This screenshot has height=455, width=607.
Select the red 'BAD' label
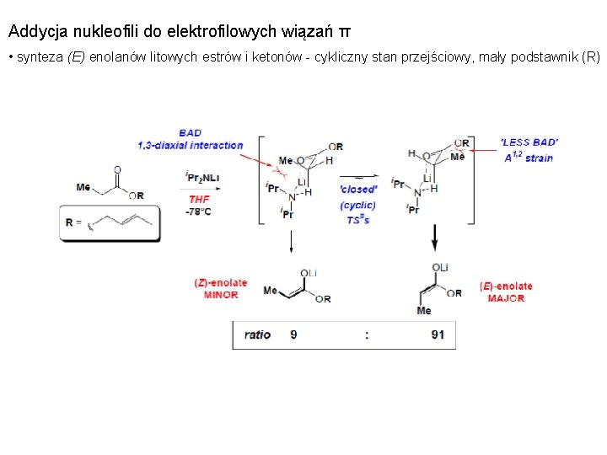tap(191, 133)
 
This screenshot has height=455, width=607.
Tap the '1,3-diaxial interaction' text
tap(191, 145)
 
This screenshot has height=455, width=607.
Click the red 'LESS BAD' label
tap(529, 143)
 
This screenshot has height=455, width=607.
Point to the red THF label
tap(200, 199)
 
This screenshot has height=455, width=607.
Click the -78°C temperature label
tap(198, 211)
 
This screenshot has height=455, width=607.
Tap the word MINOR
tap(220, 295)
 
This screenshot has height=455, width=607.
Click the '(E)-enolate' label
tap(506, 286)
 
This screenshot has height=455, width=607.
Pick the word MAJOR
tap(506, 298)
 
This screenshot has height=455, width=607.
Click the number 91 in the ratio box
tap(438, 335)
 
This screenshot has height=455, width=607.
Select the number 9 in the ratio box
tap(293, 335)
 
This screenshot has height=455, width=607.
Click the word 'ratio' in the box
tap(257, 335)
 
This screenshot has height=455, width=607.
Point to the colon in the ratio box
tap(367, 335)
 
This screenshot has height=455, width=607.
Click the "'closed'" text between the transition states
tap(358, 190)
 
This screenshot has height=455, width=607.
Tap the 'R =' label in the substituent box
tap(74, 223)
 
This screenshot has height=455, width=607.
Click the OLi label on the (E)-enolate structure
tap(440, 267)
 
